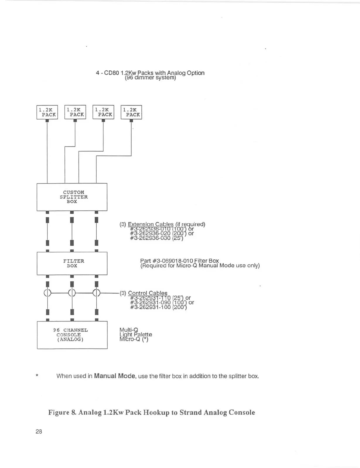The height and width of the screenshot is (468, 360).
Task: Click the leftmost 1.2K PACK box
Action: [x=47, y=112]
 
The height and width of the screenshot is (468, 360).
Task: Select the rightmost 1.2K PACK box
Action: [x=131, y=112]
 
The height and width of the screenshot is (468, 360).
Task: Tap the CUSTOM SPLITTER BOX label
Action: [x=73, y=197]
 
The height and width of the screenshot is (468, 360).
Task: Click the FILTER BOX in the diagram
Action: [x=72, y=263]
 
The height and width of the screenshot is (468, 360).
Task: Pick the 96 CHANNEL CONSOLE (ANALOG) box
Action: [x=72, y=335]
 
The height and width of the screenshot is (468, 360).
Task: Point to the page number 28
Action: [x=39, y=431]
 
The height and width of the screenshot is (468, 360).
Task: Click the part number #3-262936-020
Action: [x=150, y=234]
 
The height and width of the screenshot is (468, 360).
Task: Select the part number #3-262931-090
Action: [x=150, y=302]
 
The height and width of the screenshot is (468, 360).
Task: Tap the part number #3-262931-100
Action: [x=150, y=307]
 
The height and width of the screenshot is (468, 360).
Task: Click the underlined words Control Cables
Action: [x=148, y=293]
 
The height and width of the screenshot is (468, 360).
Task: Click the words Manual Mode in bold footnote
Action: [x=115, y=376]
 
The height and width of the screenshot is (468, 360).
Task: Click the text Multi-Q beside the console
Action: [x=129, y=330]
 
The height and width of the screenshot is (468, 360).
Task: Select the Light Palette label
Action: [x=136, y=335]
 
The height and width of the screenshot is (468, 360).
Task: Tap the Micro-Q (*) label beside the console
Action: [x=134, y=339]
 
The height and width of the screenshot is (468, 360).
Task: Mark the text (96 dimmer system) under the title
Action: [x=150, y=78]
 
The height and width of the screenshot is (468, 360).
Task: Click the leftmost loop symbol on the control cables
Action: [x=47, y=292]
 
